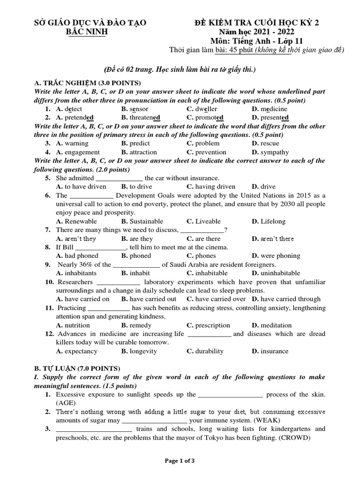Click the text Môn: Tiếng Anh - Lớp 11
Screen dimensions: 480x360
[x=256, y=41]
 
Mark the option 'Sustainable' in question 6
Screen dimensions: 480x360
[x=142, y=221]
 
